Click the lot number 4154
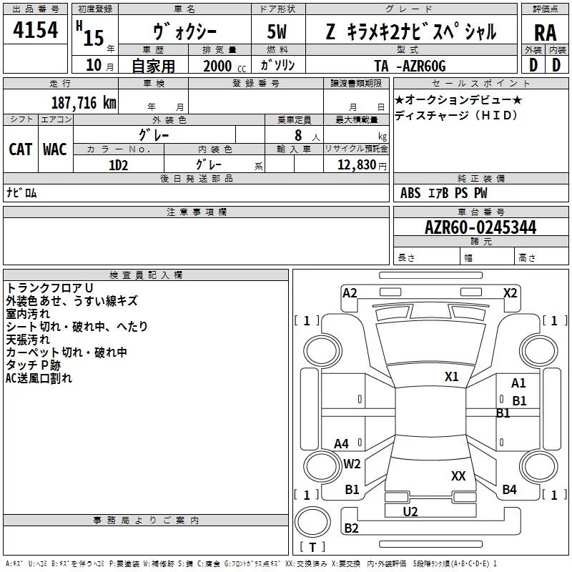click(x=35, y=30)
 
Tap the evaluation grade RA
click(x=545, y=33)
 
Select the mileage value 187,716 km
click(x=84, y=103)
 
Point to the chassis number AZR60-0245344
click(x=480, y=227)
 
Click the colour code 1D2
click(x=118, y=165)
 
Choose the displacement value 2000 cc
click(x=225, y=66)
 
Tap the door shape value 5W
click(x=277, y=31)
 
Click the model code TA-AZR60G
click(x=410, y=66)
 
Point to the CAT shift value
click(x=21, y=149)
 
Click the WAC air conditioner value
click(x=55, y=149)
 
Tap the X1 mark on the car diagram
click(x=451, y=377)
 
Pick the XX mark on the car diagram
click(x=458, y=475)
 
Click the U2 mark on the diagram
click(x=410, y=512)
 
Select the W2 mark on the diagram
click(x=352, y=464)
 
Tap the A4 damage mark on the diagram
click(x=342, y=444)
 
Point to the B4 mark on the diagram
click(x=509, y=490)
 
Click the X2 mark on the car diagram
click(x=510, y=293)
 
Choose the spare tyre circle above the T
click(x=312, y=522)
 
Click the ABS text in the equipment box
click(x=410, y=193)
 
